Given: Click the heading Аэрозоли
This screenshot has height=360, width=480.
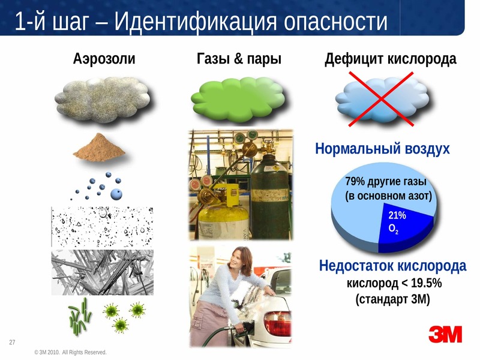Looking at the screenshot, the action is [x=104, y=58].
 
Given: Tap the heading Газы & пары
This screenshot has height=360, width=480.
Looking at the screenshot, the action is [x=239, y=58].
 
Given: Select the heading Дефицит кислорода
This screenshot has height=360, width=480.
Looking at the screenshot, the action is [x=391, y=59].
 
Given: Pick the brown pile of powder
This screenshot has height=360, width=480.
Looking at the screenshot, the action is [x=99, y=148].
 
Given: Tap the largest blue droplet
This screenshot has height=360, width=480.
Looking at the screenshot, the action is [x=116, y=194].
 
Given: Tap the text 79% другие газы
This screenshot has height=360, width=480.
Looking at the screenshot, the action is [x=386, y=182].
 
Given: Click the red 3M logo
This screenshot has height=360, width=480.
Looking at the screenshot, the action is [x=445, y=334].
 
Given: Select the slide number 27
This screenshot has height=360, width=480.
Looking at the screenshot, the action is [x=12, y=342].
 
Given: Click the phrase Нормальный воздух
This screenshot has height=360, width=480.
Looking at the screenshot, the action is [x=382, y=149].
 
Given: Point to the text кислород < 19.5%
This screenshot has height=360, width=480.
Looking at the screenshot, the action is [x=394, y=283].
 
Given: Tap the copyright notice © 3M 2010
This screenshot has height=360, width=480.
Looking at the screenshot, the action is [x=71, y=352].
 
